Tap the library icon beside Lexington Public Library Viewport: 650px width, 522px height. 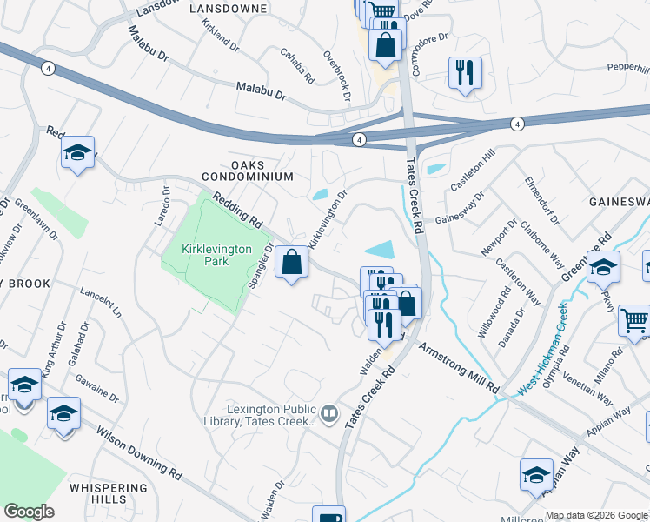(x=328, y=413)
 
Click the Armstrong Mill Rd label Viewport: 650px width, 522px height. (x=460, y=366)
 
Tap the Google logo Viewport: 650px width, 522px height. (x=29, y=512)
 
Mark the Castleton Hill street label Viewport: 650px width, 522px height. (x=472, y=170)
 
